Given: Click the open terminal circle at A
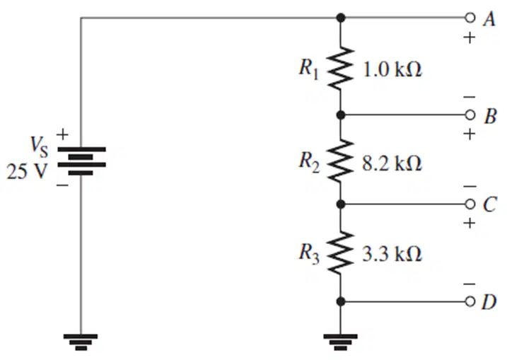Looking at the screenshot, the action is click(470, 18).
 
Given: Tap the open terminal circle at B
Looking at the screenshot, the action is click(470, 115).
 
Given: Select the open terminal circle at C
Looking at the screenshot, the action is click(470, 204).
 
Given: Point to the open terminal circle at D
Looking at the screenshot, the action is click(470, 301).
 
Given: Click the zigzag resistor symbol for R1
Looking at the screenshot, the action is click(341, 68).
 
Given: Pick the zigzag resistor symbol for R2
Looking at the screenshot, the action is click(341, 160).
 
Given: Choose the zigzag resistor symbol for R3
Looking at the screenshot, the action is click(341, 253).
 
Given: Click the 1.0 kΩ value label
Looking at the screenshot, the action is click(392, 69).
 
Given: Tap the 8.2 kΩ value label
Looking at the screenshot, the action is click(392, 163).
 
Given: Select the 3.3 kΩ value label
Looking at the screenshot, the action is click(392, 253).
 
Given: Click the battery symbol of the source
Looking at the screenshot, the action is click(81, 161).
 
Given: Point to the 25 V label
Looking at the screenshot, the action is click(26, 171).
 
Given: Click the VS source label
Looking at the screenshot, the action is click(39, 148).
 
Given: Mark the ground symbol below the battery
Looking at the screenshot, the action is click(81, 342).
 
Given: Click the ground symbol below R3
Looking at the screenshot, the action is click(341, 342).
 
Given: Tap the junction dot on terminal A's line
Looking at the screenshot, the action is click(341, 18).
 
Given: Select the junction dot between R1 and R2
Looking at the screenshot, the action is click(341, 115).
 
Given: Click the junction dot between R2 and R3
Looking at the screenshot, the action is click(341, 204).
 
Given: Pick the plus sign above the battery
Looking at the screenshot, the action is click(63, 134).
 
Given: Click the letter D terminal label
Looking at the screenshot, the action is click(489, 302).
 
